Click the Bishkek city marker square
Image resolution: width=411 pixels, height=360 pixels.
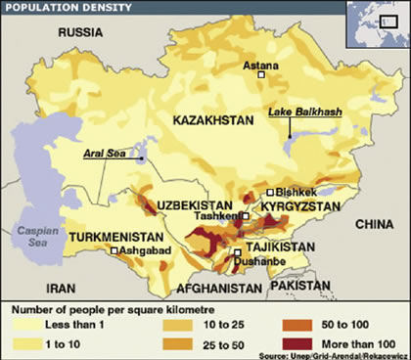coord(270,193)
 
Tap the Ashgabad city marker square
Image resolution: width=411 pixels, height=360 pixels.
coord(114,251)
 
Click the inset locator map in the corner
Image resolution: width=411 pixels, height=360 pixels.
coord(377,22)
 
